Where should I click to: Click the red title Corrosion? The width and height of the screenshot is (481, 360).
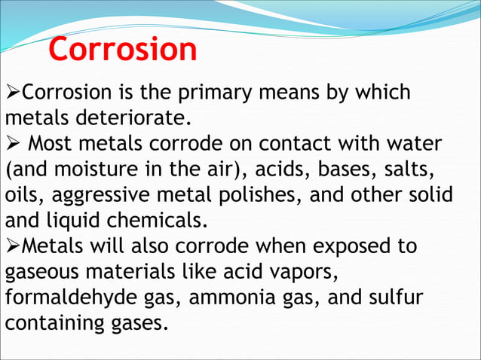pos(123,50)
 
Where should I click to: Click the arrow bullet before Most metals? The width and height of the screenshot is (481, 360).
pos(13,142)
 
